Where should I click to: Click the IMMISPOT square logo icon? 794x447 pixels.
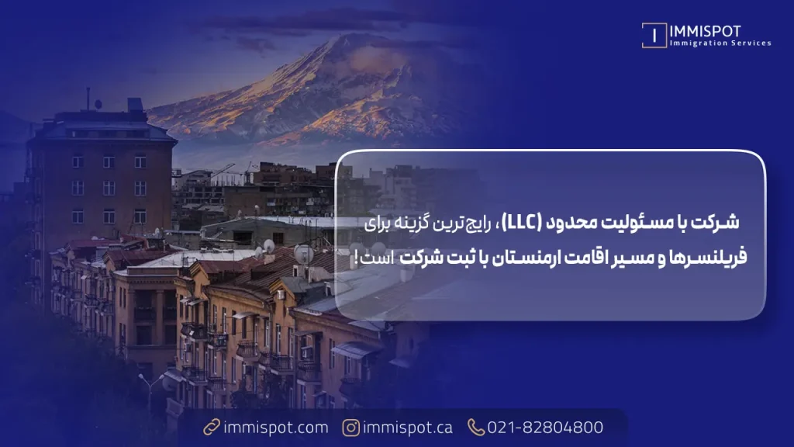pyautogui.click(x=654, y=36)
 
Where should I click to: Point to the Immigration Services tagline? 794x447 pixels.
pyautogui.click(x=720, y=43)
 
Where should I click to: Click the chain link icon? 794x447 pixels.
pyautogui.click(x=211, y=428)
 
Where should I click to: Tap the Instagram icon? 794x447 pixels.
pyautogui.click(x=352, y=428)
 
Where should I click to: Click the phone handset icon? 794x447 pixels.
pyautogui.click(x=475, y=428)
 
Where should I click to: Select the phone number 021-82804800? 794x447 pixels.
pyautogui.click(x=545, y=428)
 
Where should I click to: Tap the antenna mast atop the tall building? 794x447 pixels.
pyautogui.click(x=88, y=99)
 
